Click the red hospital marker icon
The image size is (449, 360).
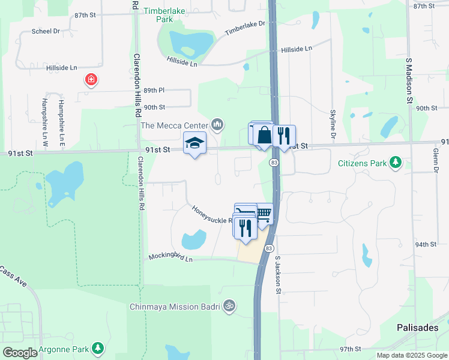[91, 80]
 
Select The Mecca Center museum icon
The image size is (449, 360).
[217, 125]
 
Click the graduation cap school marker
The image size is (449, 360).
[194, 143]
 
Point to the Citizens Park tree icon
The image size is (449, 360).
[396, 163]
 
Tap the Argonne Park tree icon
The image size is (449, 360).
[97, 348]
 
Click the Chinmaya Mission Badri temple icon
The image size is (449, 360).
[228, 307]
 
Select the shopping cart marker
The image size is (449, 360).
[264, 213]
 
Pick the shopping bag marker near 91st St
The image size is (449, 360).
[264, 135]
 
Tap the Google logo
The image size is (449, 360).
[20, 353]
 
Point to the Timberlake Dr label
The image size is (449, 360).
[245, 28]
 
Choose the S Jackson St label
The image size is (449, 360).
[278, 275]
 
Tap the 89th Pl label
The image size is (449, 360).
[154, 90]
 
